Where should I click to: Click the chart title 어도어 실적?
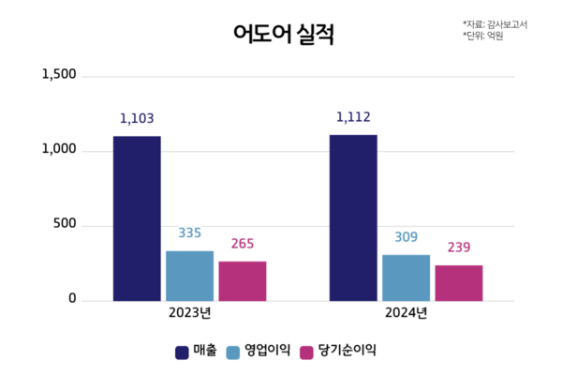point(283,35)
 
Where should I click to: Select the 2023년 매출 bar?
point(137,218)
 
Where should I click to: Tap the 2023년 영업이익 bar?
point(189,276)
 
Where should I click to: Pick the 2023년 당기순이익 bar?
point(243,281)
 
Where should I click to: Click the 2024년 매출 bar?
point(353,217)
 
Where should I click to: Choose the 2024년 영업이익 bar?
point(406,277)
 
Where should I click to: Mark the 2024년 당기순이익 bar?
point(459,283)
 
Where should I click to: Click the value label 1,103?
point(137,119)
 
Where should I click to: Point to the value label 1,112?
point(353,117)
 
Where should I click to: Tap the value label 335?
point(189,233)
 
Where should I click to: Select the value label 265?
point(243,244)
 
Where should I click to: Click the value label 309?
point(406,237)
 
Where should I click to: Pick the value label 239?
point(459,247)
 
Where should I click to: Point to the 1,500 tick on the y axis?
point(59,75)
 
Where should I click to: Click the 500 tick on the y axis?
point(65,225)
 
